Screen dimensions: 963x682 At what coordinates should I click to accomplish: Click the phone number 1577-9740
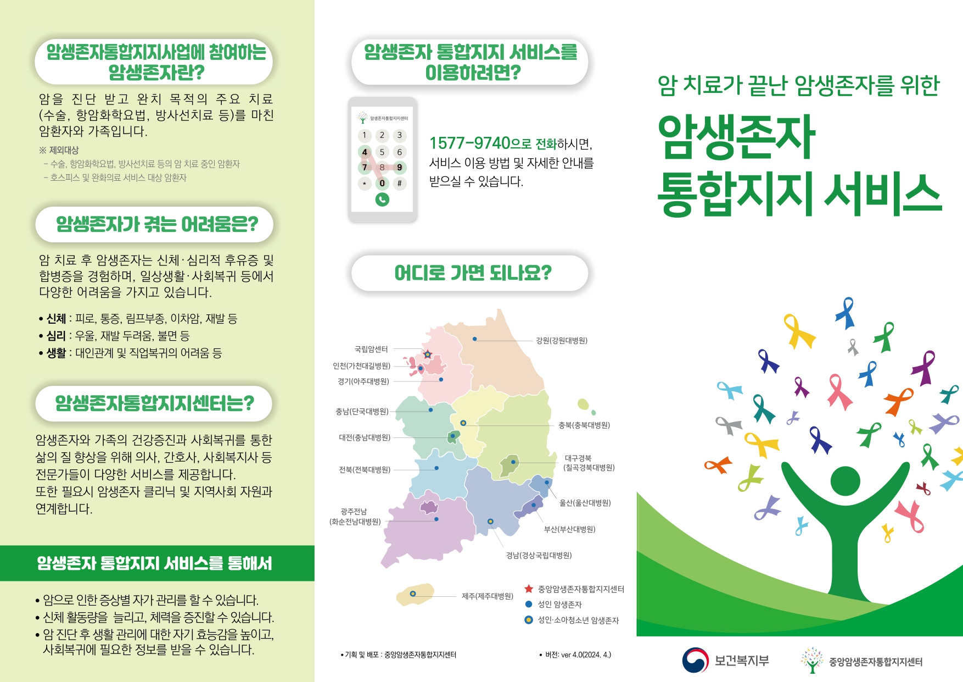pyautogui.click(x=470, y=143)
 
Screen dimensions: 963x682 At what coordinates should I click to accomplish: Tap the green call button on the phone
pyautogui.click(x=382, y=199)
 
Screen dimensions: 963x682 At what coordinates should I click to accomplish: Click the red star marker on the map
pyautogui.click(x=428, y=354)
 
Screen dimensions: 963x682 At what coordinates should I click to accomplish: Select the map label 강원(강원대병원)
pyautogui.click(x=562, y=341)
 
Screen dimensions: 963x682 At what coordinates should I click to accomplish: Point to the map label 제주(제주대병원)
pyautogui.click(x=488, y=596)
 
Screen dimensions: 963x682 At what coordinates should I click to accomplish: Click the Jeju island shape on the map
pyautogui.click(x=415, y=595)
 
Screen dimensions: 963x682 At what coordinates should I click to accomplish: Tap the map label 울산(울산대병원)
pyautogui.click(x=585, y=503)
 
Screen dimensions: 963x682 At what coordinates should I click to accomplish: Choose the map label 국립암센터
pyautogui.click(x=371, y=349)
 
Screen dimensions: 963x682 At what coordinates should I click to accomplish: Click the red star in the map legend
pyautogui.click(x=529, y=589)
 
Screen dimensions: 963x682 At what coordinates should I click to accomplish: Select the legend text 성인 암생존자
pyautogui.click(x=559, y=605)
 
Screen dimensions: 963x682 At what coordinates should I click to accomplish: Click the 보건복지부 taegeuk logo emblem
pyautogui.click(x=696, y=660)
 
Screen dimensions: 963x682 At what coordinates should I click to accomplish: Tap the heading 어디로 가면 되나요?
pyautogui.click(x=473, y=273)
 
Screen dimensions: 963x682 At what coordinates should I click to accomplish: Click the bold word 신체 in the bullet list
pyautogui.click(x=56, y=319)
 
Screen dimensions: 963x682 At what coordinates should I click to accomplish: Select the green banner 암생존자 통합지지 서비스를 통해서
pyautogui.click(x=157, y=563)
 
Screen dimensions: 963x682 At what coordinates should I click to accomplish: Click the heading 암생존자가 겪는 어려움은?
pyautogui.click(x=157, y=224)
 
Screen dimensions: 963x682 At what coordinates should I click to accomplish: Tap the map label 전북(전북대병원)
pyautogui.click(x=365, y=470)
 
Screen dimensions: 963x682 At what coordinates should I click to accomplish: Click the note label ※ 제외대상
pyautogui.click(x=59, y=150)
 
